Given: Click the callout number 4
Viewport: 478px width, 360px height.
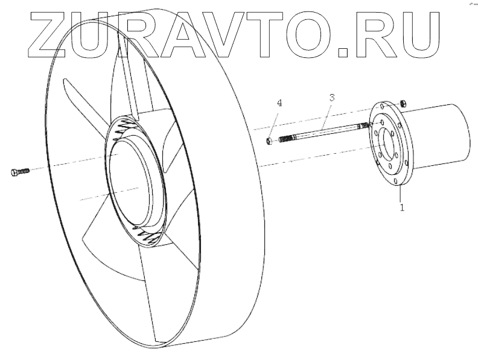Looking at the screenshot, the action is (279, 103).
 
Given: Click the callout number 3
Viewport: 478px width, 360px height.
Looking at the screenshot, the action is (331, 97).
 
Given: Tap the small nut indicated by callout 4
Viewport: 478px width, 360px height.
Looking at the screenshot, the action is (271, 142).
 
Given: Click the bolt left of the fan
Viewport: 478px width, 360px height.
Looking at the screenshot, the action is (19, 172).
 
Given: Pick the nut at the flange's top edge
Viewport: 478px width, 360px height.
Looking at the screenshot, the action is (406, 103).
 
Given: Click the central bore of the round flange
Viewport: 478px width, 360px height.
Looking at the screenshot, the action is (385, 145).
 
